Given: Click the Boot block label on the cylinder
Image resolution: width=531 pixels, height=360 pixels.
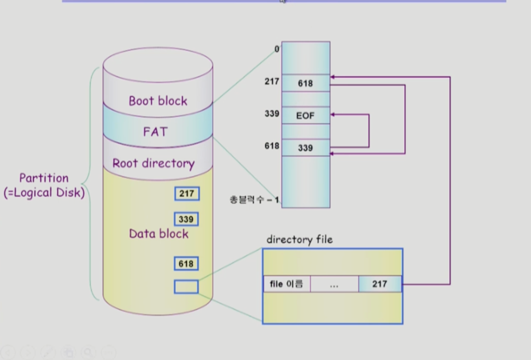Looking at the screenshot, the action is (158, 101).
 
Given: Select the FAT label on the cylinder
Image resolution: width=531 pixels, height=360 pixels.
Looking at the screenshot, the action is (155, 132).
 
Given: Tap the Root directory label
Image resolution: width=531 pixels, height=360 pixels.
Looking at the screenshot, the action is (154, 164).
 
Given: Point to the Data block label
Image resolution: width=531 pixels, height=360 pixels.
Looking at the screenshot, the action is (158, 234).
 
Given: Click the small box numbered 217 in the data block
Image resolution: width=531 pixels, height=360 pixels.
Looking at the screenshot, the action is (187, 193).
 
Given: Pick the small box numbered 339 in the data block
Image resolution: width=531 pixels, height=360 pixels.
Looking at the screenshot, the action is (187, 219).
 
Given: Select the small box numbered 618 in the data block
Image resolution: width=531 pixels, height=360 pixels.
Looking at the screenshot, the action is (186, 263).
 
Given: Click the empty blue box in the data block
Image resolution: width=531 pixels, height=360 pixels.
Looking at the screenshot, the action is (186, 287).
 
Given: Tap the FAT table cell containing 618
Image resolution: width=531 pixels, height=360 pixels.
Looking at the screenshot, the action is (305, 83).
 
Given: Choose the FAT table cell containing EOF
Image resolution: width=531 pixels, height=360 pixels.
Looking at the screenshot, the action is (305, 115).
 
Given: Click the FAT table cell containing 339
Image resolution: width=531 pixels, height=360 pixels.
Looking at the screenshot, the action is (305, 148).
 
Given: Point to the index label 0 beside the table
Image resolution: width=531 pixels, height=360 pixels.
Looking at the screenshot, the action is (276, 49).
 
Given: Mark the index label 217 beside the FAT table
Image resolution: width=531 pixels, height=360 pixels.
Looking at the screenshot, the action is (272, 81).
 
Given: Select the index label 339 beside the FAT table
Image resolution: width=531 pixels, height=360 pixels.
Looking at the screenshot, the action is (272, 114).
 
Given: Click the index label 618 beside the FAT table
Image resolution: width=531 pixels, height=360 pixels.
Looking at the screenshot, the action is (272, 146).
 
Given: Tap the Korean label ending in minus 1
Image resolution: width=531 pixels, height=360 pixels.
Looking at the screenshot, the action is (254, 200).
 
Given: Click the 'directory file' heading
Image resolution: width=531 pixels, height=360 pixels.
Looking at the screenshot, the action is (300, 239).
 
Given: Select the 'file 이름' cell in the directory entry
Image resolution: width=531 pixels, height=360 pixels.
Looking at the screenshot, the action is (287, 284).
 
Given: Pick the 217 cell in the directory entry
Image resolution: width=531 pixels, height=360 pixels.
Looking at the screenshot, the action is (380, 284).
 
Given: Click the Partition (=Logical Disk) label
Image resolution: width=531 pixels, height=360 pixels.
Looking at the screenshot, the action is (44, 185).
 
